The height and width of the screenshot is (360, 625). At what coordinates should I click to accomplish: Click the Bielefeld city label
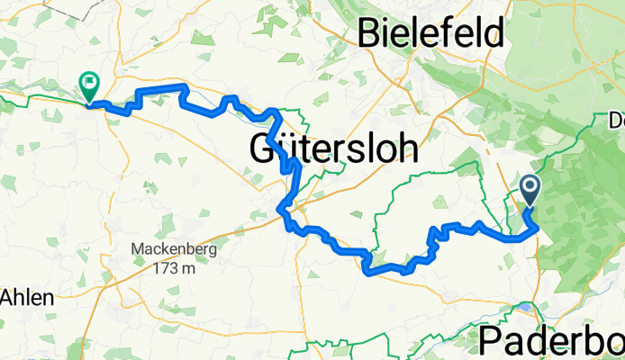tap(430, 33)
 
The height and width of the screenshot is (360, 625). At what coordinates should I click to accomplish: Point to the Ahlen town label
tap(26, 297)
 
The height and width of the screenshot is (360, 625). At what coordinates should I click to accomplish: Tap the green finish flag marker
tap(89, 85)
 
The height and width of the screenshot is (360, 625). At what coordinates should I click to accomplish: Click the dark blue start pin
tap(529, 190)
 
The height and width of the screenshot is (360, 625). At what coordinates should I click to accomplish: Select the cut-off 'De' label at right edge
tap(617, 119)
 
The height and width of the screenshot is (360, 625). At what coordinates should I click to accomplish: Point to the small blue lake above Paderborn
tap(523, 310)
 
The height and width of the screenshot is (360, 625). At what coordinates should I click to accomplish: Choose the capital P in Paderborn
tap(492, 340)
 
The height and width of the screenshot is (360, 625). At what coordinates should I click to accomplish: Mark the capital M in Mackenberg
tap(135, 250)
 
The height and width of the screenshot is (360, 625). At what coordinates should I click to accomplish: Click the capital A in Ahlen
tap(9, 297)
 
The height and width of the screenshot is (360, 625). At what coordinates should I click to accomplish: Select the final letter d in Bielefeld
tap(493, 33)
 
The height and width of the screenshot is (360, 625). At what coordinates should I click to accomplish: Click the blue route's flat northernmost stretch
tap(160, 88)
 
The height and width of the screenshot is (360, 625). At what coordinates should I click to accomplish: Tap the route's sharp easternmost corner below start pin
tap(538, 228)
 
